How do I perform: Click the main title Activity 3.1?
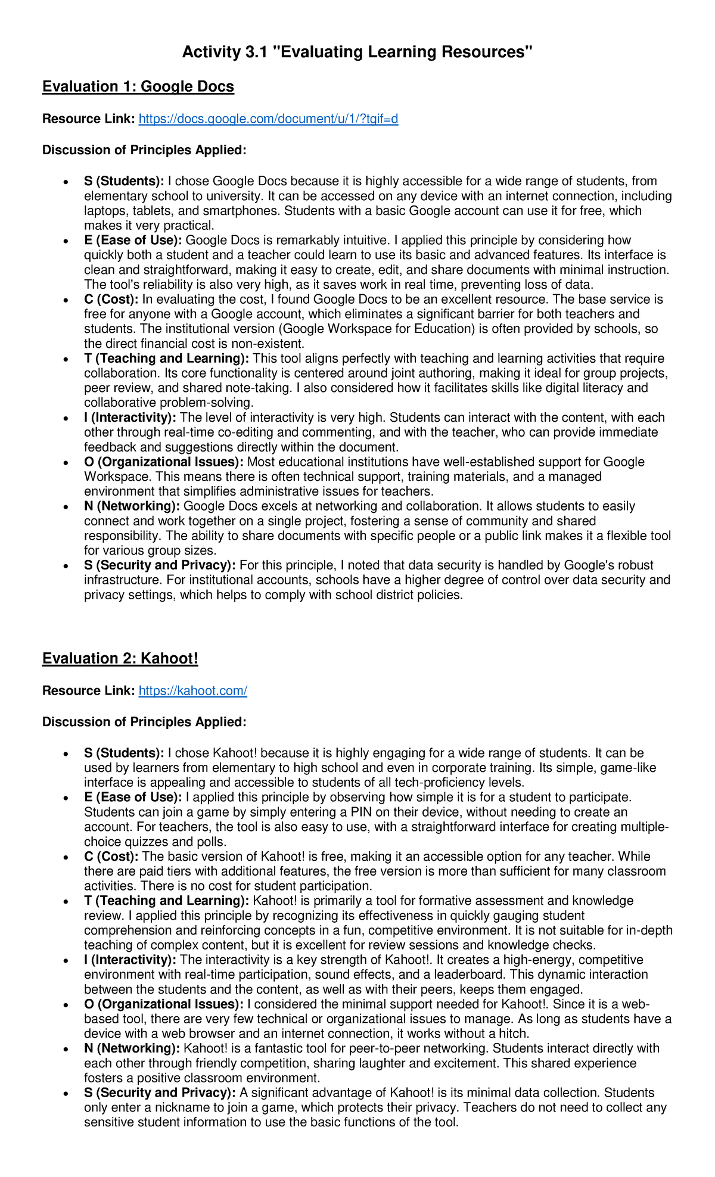[357, 52]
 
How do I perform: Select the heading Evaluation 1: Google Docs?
[138, 87]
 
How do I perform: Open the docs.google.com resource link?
[268, 119]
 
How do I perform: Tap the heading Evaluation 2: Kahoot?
[120, 659]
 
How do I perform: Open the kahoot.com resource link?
[192, 691]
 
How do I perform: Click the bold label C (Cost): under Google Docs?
[111, 300]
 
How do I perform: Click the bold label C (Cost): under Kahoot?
[111, 857]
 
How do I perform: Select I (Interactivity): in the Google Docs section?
[130, 418]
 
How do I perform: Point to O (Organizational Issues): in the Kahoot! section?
[163, 1004]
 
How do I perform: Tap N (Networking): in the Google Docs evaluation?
[132, 506]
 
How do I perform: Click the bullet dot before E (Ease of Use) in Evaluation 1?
[65, 242]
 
